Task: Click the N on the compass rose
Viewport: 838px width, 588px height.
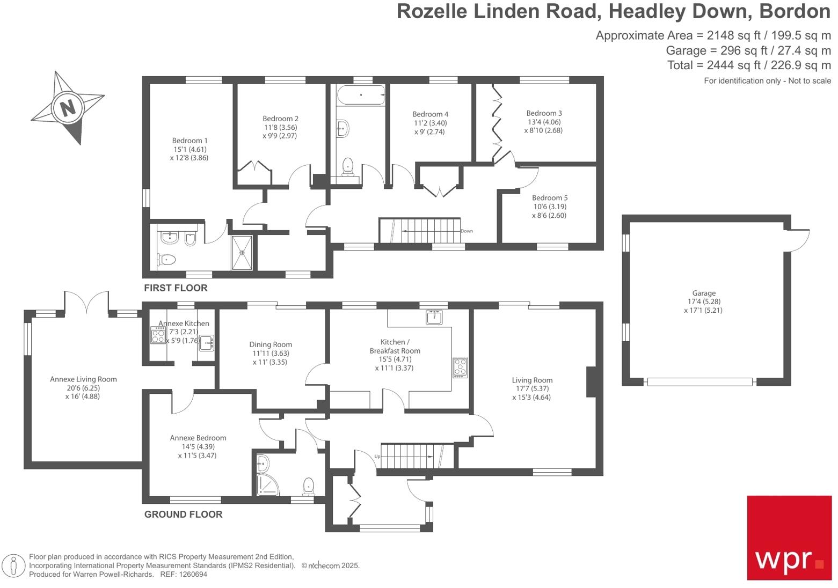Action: (x=67, y=108)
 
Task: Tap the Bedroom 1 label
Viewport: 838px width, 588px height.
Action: (x=190, y=141)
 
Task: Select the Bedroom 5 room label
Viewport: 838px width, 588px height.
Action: (x=549, y=198)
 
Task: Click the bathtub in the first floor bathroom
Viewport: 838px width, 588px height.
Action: (x=360, y=95)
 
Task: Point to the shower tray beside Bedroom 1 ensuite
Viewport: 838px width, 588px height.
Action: (x=244, y=252)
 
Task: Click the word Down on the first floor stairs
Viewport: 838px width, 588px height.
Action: (x=467, y=231)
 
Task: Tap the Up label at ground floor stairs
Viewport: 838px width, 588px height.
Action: (x=377, y=457)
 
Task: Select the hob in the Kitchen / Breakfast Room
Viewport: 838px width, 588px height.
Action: (x=460, y=367)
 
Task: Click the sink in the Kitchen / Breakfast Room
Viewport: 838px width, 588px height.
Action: (x=434, y=317)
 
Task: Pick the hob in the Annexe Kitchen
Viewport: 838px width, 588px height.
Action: (x=158, y=336)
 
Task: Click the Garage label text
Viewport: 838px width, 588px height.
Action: (x=703, y=293)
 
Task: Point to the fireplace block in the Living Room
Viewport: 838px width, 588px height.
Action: (x=591, y=381)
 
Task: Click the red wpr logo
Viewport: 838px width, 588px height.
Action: (x=789, y=537)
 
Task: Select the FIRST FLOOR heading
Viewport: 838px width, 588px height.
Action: (x=176, y=288)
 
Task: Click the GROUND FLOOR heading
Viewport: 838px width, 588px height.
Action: (x=183, y=514)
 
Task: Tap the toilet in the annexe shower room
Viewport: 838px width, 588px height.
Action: (x=309, y=486)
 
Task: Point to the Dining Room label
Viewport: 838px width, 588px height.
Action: (x=271, y=344)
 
